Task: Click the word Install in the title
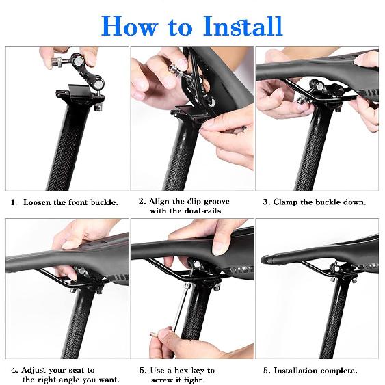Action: [x=243, y=26]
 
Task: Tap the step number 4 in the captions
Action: [x=14, y=371]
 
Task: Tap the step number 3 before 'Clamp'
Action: [x=266, y=202]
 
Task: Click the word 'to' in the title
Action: [x=182, y=27]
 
